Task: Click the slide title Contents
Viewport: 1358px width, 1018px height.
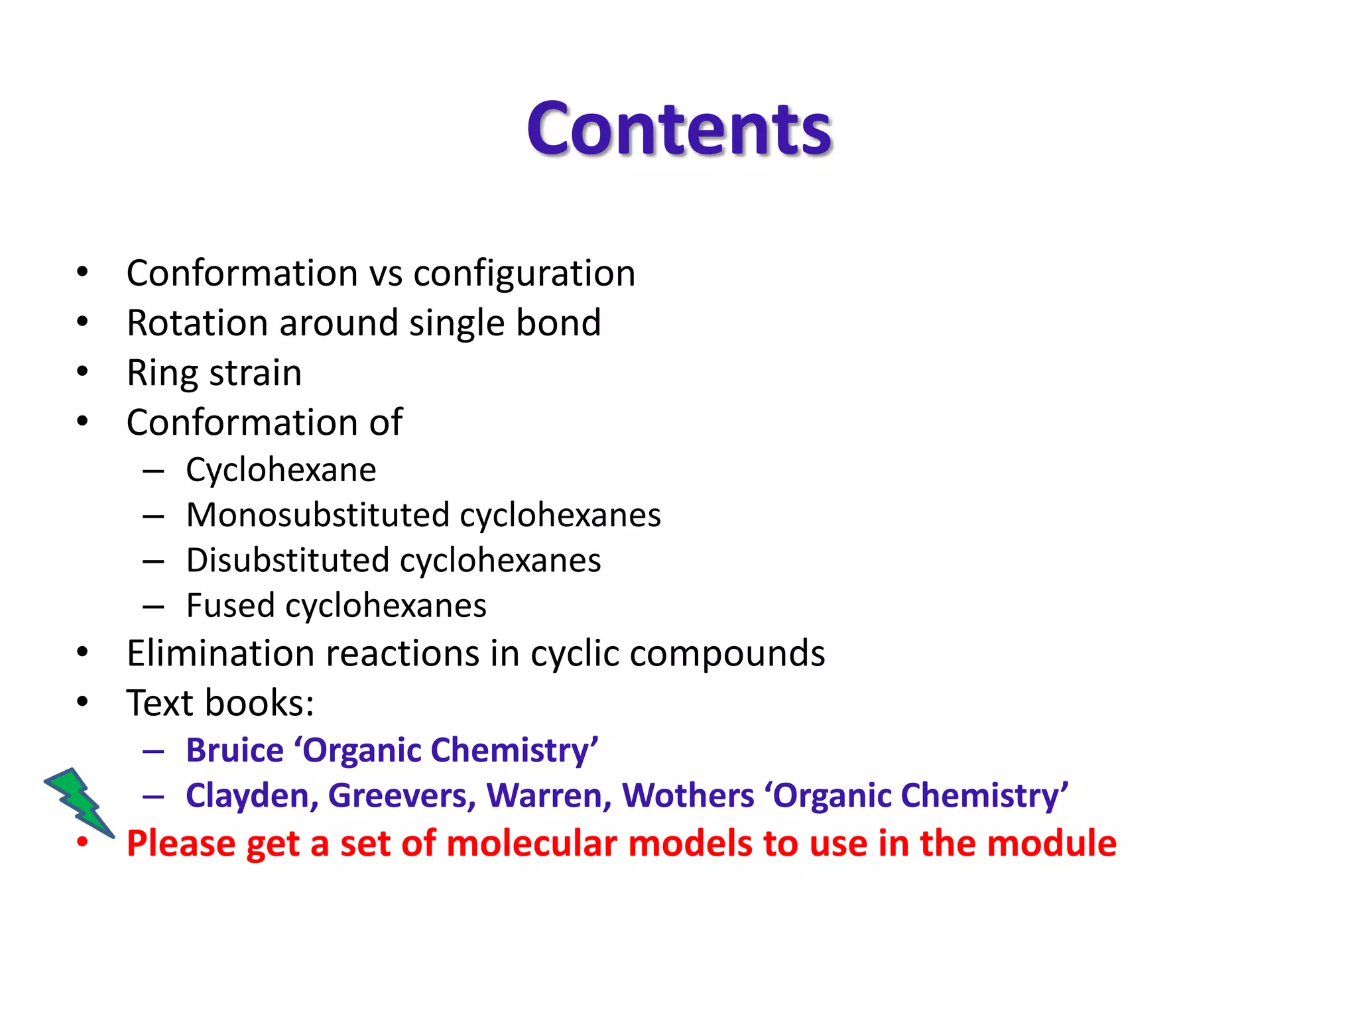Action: pos(679,129)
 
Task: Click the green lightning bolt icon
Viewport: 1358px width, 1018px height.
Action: pos(80,802)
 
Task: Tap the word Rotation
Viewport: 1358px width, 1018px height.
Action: pos(197,323)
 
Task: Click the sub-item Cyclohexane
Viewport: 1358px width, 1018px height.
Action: pos(281,471)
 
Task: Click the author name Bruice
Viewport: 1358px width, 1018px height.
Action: pos(235,751)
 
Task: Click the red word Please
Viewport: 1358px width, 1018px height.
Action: pos(181,844)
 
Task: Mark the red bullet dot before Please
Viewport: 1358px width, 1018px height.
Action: pos(82,842)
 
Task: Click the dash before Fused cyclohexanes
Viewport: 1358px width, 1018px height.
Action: pos(153,606)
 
